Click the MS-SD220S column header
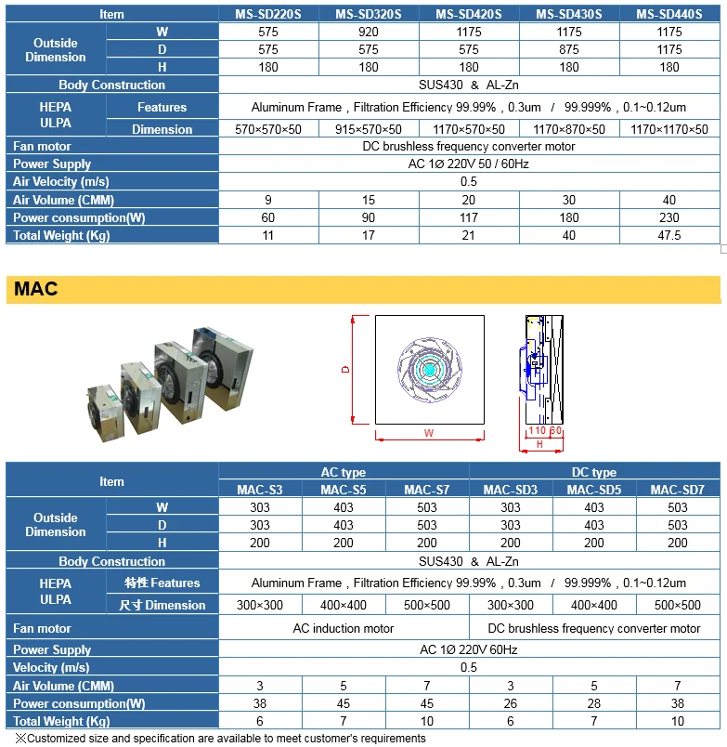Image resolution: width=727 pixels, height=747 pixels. click(x=268, y=14)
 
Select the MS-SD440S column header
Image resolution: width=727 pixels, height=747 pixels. click(x=669, y=14)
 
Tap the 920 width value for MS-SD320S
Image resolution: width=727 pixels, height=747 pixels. click(x=369, y=32)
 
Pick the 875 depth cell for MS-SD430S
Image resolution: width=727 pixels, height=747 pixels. click(x=569, y=49)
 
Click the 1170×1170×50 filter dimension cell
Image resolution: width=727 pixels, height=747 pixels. click(x=669, y=129)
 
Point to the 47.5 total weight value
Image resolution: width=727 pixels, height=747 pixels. click(x=669, y=235)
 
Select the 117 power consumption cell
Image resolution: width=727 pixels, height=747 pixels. click(x=469, y=217)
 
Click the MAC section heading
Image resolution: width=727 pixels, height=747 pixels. click(x=36, y=289)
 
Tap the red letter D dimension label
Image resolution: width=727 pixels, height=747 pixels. click(x=345, y=369)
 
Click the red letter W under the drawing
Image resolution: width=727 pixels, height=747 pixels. click(x=428, y=433)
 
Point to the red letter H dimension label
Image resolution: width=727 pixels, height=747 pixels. click(x=539, y=445)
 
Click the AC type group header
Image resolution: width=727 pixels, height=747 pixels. click(x=343, y=472)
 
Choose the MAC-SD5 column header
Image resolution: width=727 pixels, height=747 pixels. click(x=594, y=490)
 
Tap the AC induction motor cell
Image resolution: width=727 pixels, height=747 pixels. click(x=344, y=628)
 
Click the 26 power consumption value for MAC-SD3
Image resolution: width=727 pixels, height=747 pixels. click(x=511, y=703)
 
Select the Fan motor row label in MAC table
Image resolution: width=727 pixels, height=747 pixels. click(x=42, y=628)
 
